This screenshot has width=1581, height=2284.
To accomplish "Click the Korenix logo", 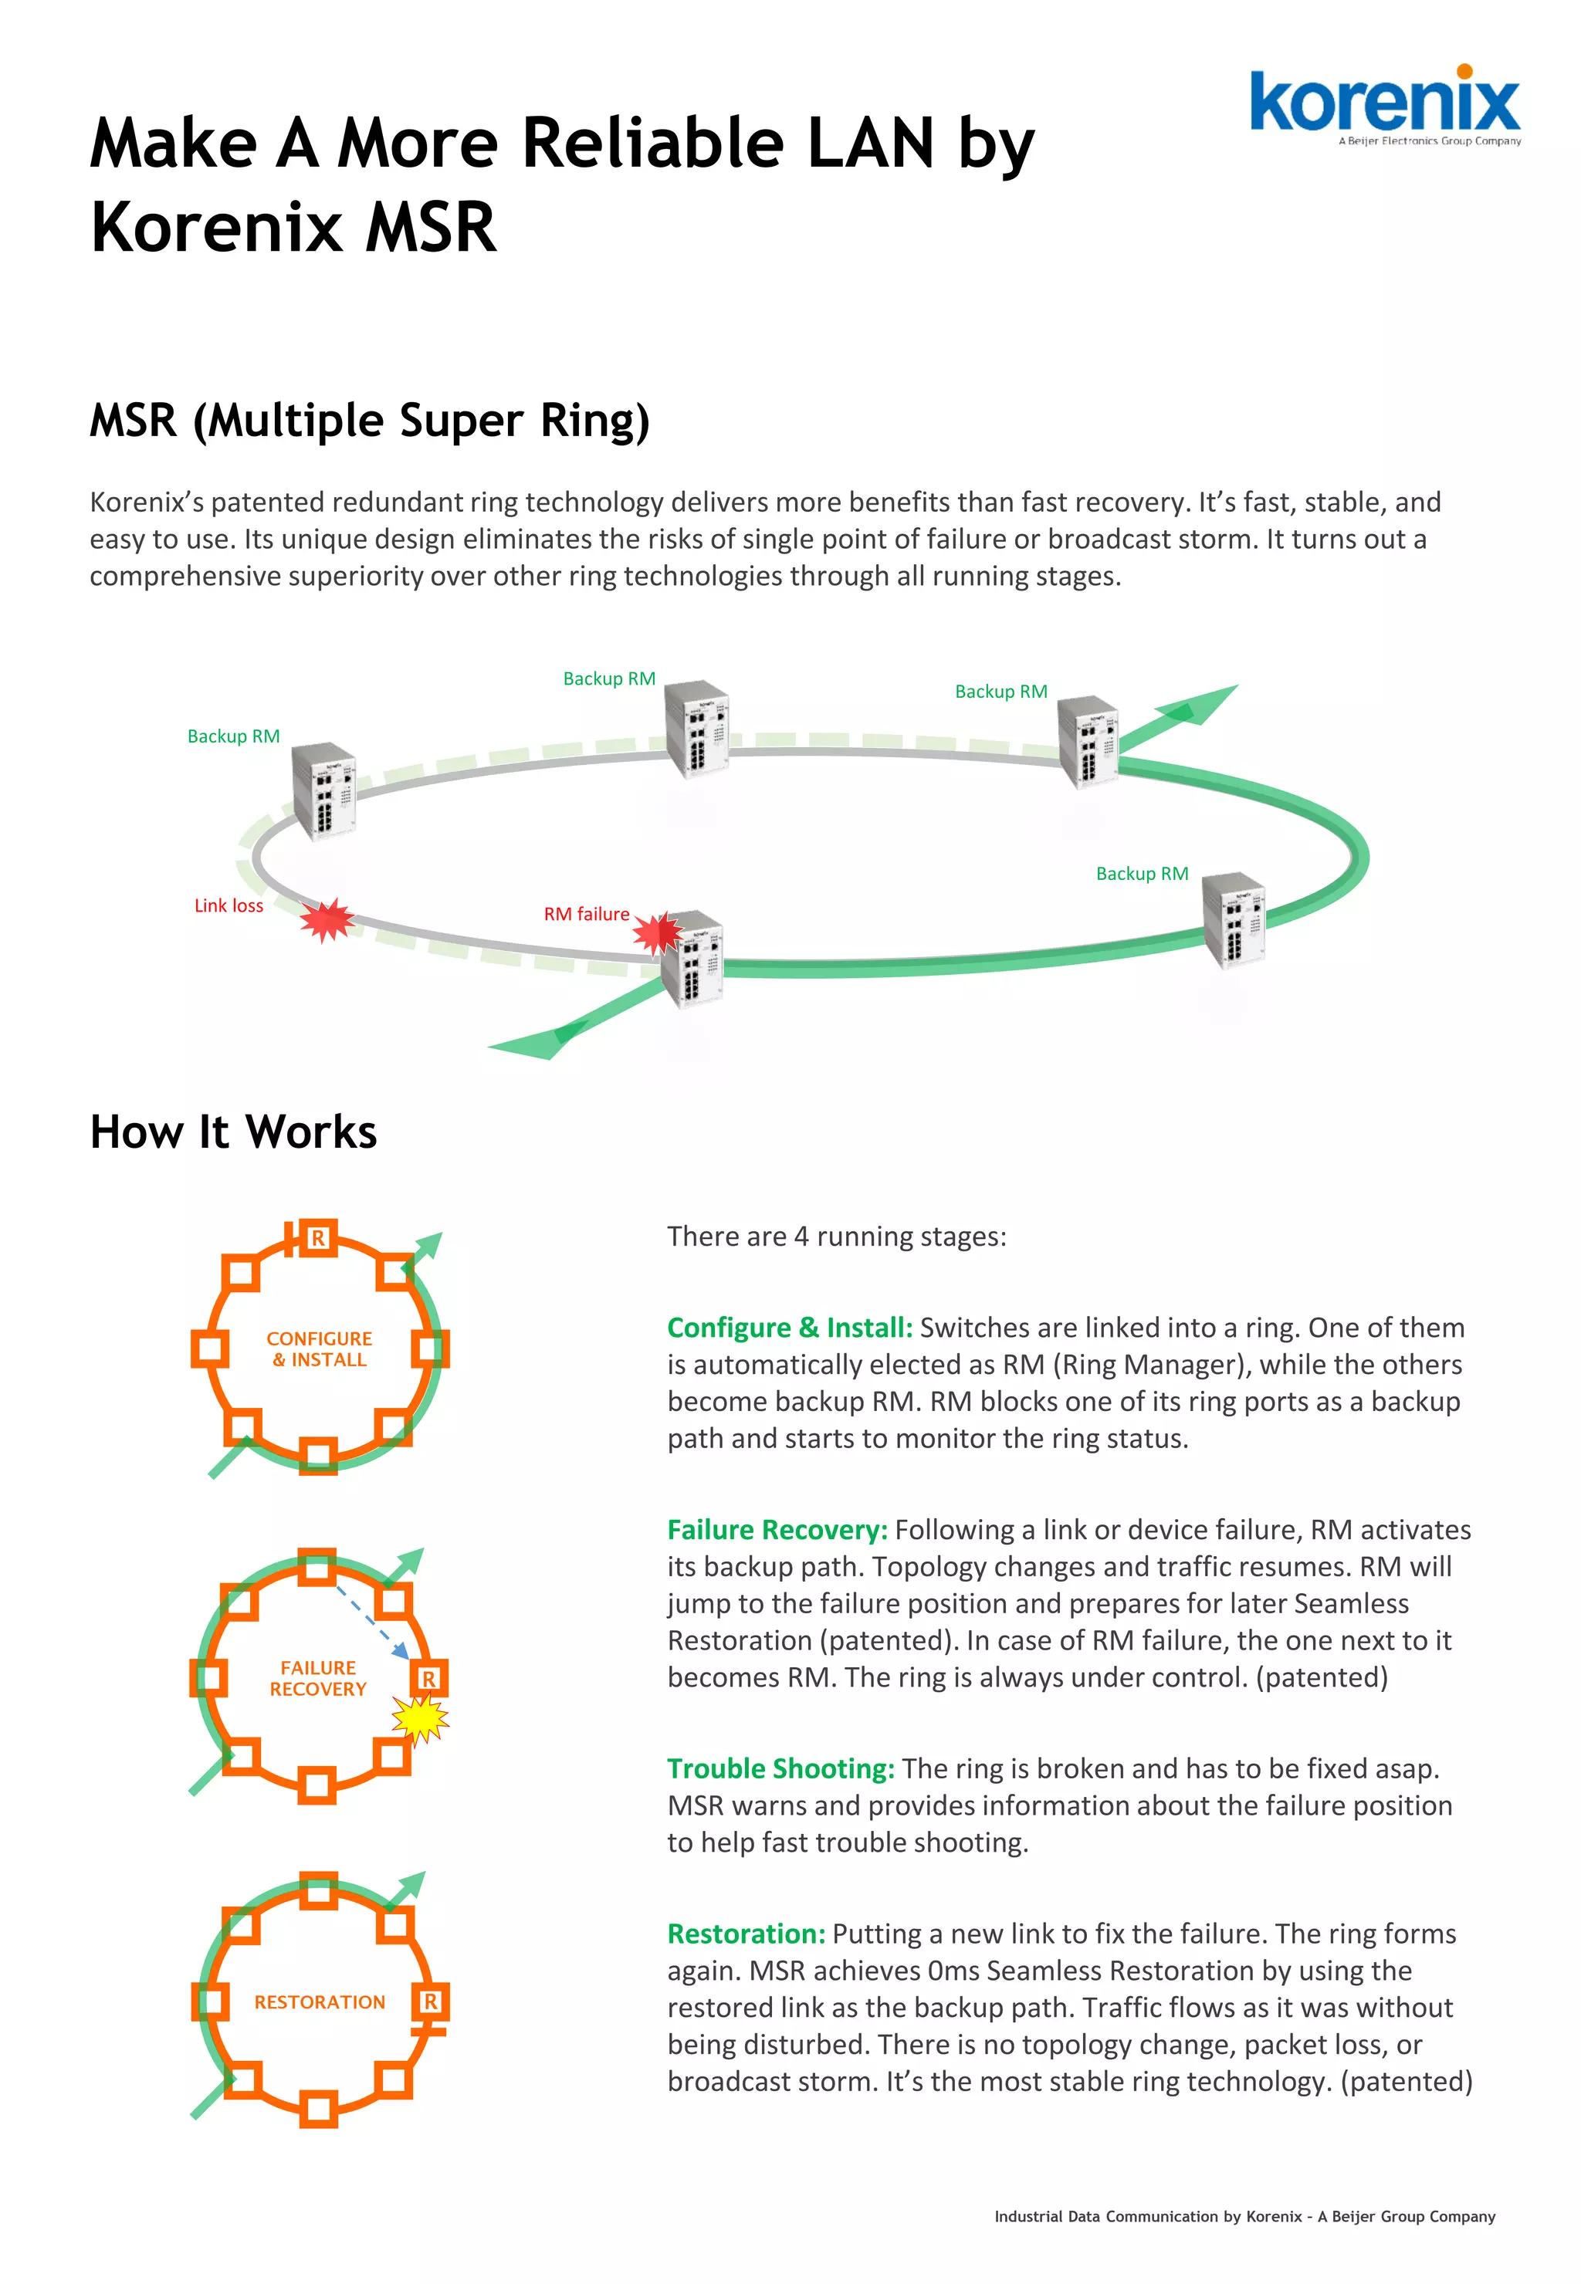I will [1384, 104].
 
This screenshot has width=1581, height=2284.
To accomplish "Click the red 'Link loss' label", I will [229, 905].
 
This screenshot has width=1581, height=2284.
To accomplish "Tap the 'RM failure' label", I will [587, 913].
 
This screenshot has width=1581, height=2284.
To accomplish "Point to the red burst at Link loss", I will [326, 920].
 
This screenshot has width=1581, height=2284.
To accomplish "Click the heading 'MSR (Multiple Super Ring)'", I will [370, 420].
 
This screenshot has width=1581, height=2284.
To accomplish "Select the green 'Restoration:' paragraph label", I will [746, 1934].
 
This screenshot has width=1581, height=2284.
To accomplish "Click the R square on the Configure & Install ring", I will [318, 1238].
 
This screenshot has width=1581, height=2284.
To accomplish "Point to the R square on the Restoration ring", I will [431, 2001].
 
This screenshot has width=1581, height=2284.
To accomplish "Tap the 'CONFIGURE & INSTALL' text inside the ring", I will [319, 1349].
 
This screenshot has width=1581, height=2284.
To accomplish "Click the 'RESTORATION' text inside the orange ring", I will [319, 2001].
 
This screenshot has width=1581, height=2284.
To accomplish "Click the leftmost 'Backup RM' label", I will [234, 736].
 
